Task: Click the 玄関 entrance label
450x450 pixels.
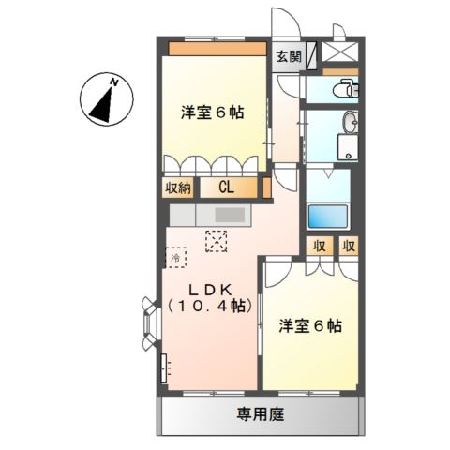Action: point(289,55)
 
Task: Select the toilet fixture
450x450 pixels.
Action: point(344,90)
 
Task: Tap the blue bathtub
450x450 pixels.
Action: point(328,215)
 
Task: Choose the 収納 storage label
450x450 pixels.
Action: point(179,187)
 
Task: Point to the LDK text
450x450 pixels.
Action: point(210,287)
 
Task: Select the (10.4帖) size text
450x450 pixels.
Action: point(209,306)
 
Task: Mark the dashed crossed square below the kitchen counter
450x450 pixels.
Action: point(217,240)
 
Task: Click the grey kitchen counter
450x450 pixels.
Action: point(225,216)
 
